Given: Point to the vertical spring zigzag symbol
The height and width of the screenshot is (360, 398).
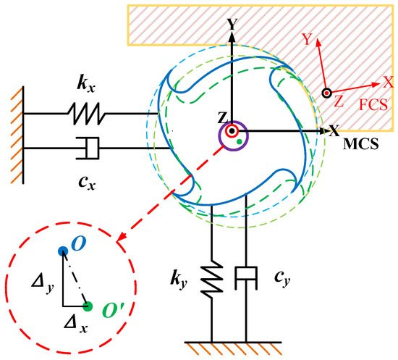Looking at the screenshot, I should point(213,275).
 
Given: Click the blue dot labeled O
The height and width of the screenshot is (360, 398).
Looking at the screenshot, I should point(63,251).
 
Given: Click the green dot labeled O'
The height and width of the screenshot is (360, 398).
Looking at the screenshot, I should point(88,306).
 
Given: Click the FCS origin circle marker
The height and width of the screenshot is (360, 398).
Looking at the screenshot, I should point(327,92).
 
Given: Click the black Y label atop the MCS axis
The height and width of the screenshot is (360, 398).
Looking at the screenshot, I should point(232,24).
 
